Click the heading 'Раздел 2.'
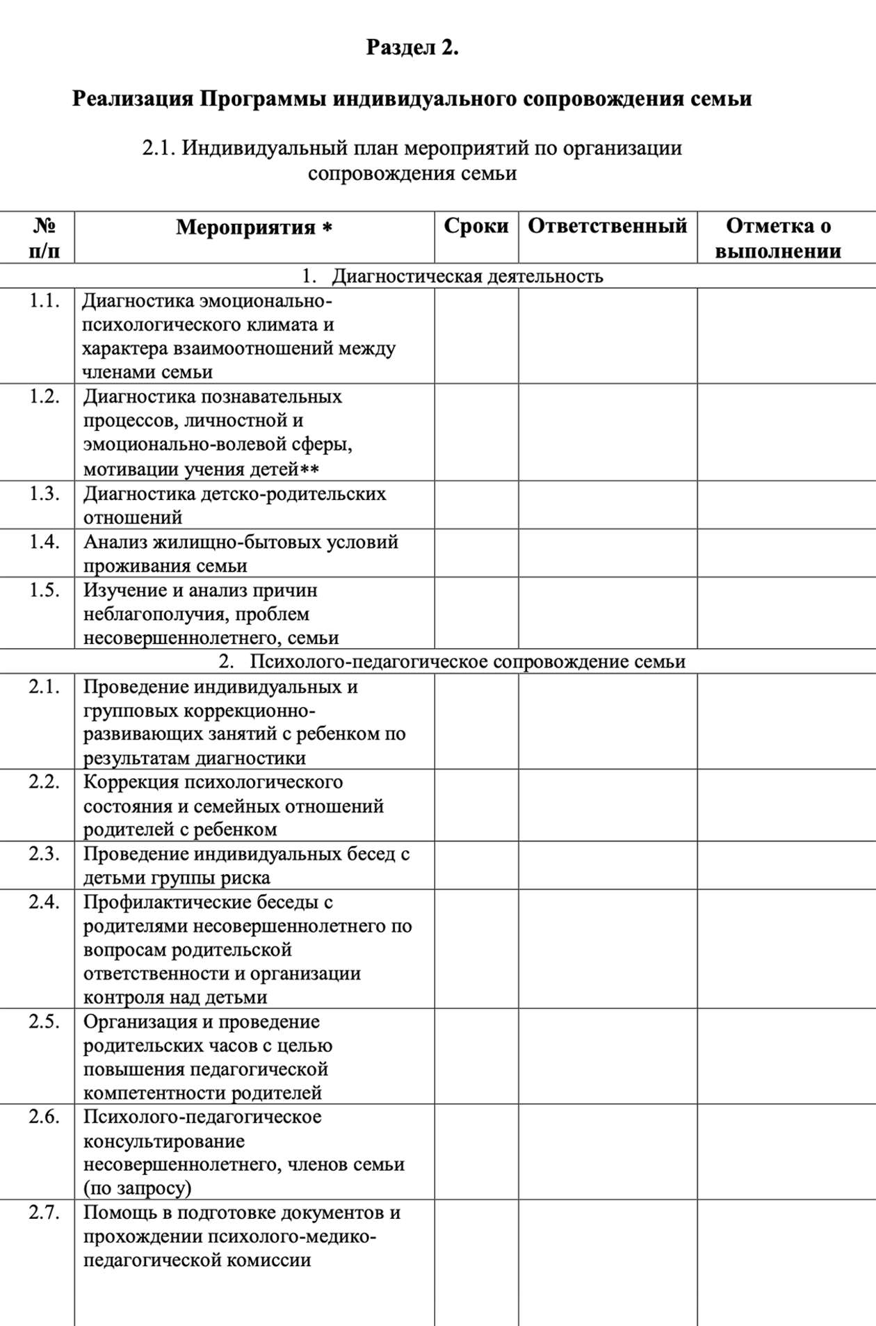click(x=412, y=47)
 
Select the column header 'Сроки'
click(x=476, y=226)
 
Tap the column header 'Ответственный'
click(x=607, y=226)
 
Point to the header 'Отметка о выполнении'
click(x=778, y=238)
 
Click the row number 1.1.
click(x=44, y=301)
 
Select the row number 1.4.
click(x=44, y=542)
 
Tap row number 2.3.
click(x=44, y=854)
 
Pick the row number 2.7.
click(x=44, y=1213)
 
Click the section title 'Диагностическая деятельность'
click(x=467, y=276)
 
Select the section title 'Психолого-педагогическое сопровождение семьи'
click(x=467, y=661)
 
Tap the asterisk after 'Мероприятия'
click(x=327, y=228)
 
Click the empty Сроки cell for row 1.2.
click(x=476, y=432)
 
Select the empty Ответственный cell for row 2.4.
click(x=607, y=948)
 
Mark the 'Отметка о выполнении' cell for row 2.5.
click(x=786, y=1056)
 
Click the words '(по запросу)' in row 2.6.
click(x=137, y=1188)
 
